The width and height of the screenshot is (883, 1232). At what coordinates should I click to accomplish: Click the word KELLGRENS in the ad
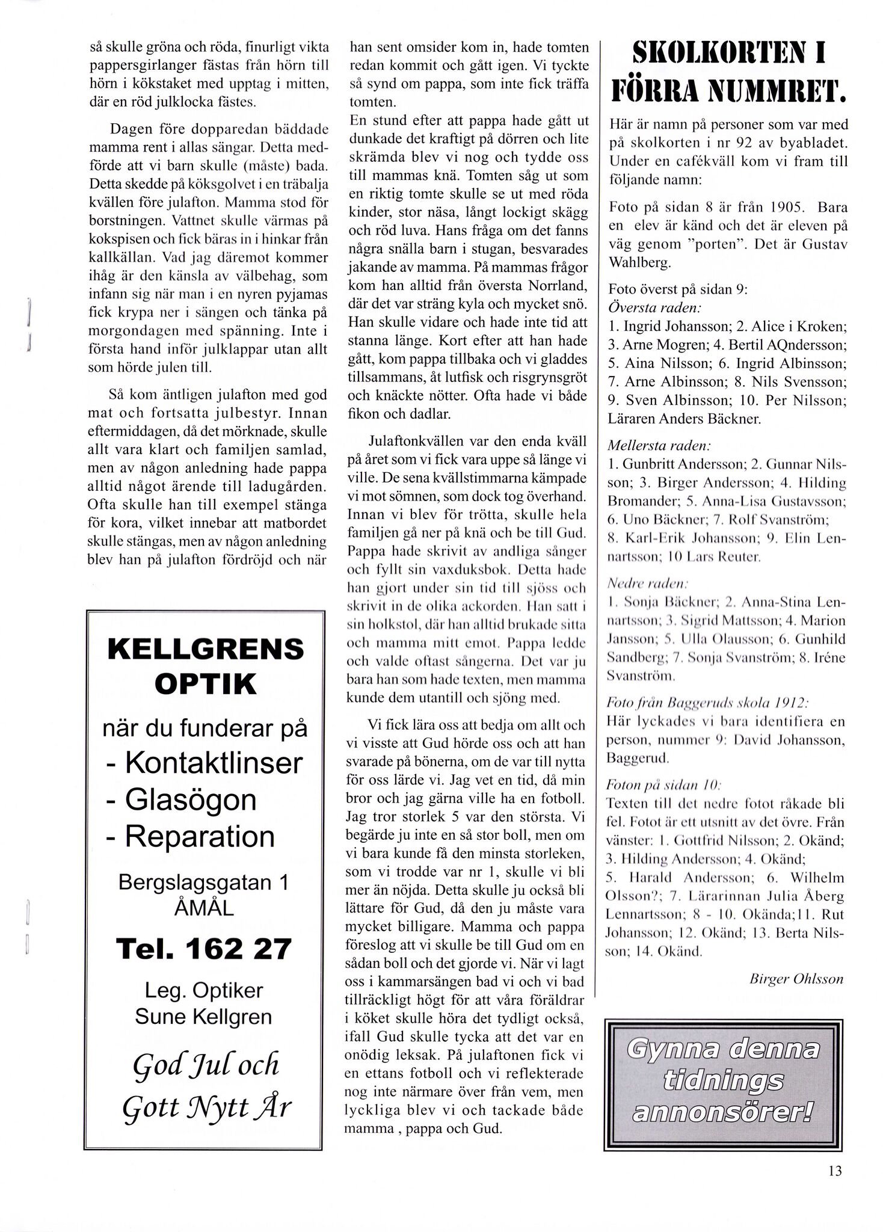206,649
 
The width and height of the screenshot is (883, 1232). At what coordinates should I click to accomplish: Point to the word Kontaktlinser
214,763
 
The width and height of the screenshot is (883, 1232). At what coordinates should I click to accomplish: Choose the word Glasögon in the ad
191,800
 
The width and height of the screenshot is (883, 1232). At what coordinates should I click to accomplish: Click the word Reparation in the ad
200,837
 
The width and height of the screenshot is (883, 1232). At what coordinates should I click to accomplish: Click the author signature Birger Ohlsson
796,979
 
